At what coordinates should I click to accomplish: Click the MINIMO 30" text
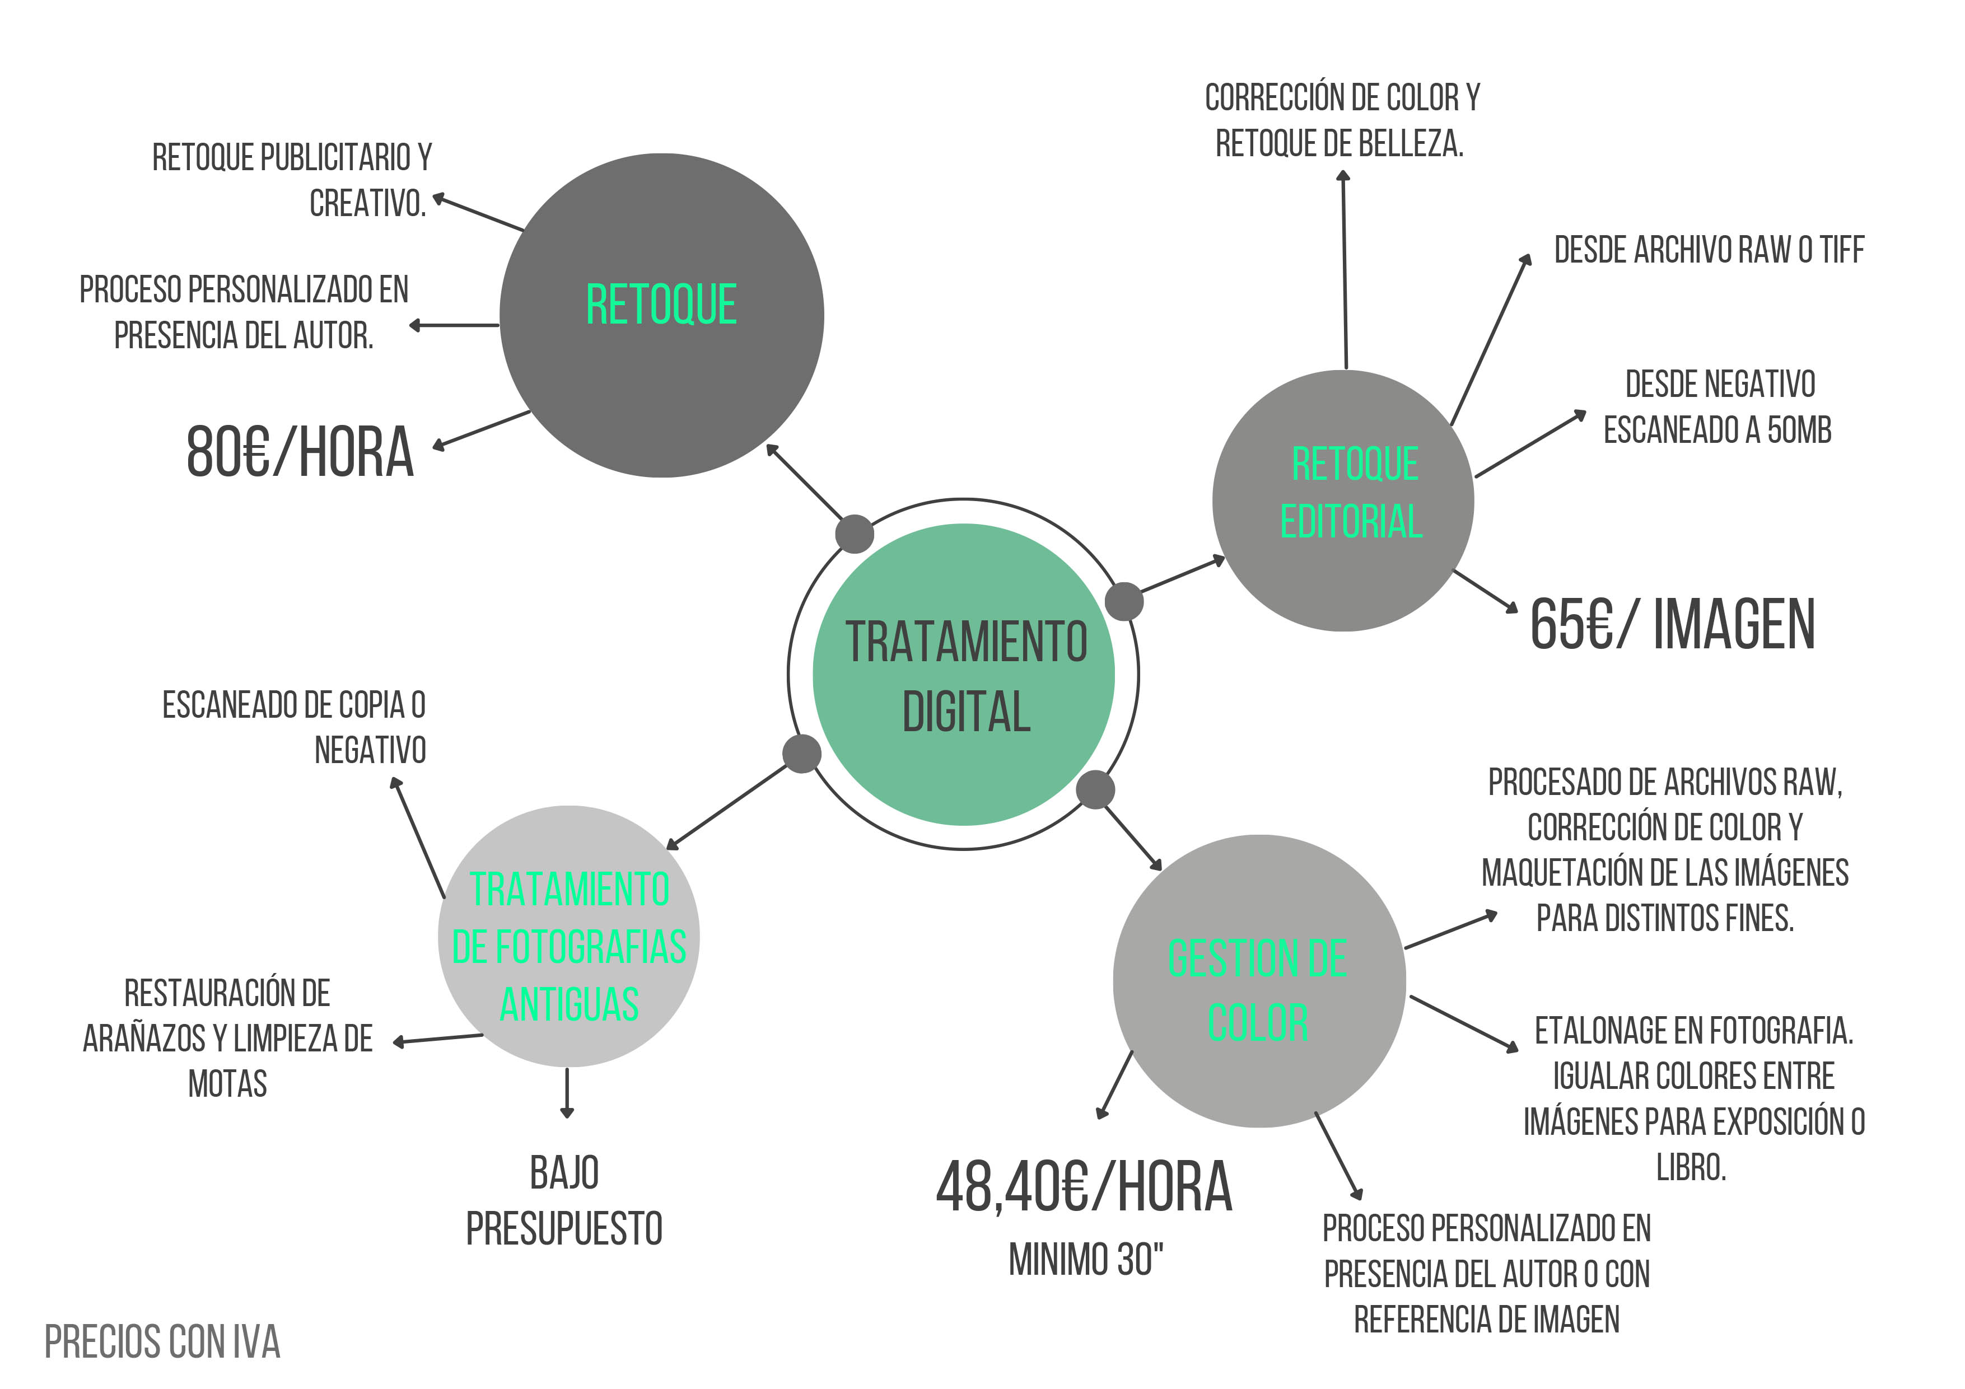point(1085,1260)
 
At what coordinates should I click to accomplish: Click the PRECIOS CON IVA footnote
point(162,1342)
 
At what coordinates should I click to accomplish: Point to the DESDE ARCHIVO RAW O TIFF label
point(1709,250)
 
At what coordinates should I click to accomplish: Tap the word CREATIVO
point(367,204)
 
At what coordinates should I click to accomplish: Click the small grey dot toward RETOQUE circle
point(854,534)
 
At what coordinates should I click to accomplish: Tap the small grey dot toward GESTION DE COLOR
point(1095,789)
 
